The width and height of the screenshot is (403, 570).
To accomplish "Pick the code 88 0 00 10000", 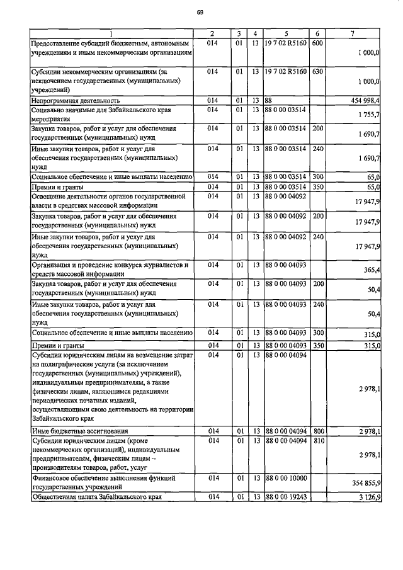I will click(285, 479).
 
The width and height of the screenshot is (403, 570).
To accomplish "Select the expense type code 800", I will click(317, 431).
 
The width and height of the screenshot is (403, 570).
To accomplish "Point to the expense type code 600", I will click(317, 43).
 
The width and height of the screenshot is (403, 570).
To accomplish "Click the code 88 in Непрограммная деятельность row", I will click(268, 100).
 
